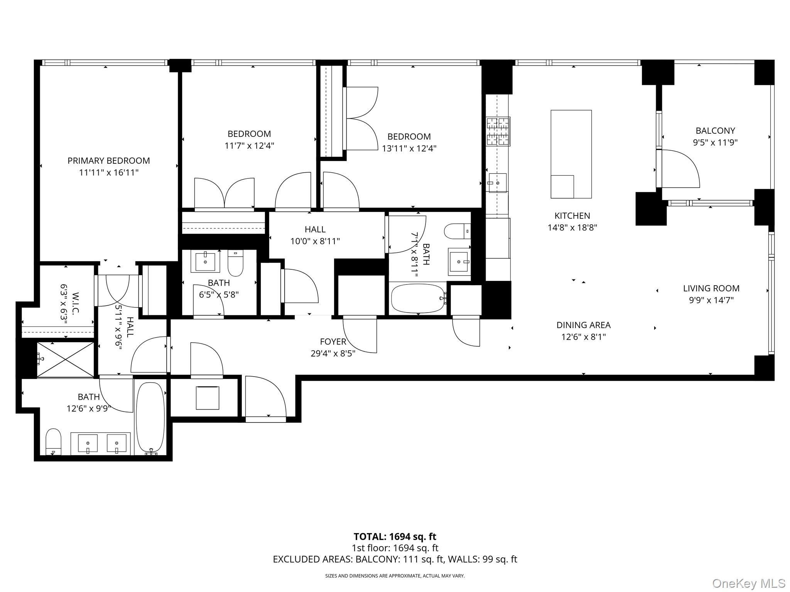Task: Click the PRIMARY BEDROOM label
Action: point(108,161)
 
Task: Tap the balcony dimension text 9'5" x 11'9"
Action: point(715,143)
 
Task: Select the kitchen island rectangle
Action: point(571,154)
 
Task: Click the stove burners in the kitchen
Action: point(498,131)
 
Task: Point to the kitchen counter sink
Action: point(498,183)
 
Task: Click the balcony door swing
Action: point(679,170)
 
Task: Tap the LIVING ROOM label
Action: point(711,288)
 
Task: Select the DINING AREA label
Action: point(583,325)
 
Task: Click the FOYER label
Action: point(333,341)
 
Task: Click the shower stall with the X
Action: point(66,359)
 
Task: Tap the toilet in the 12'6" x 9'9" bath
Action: point(54,442)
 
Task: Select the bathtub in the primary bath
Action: point(150,416)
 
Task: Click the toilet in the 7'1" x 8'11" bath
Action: point(457,232)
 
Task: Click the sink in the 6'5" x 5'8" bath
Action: point(205,262)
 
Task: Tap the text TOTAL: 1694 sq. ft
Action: point(395,536)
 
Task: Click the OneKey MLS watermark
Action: point(748,583)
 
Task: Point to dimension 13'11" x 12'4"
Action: point(409,148)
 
